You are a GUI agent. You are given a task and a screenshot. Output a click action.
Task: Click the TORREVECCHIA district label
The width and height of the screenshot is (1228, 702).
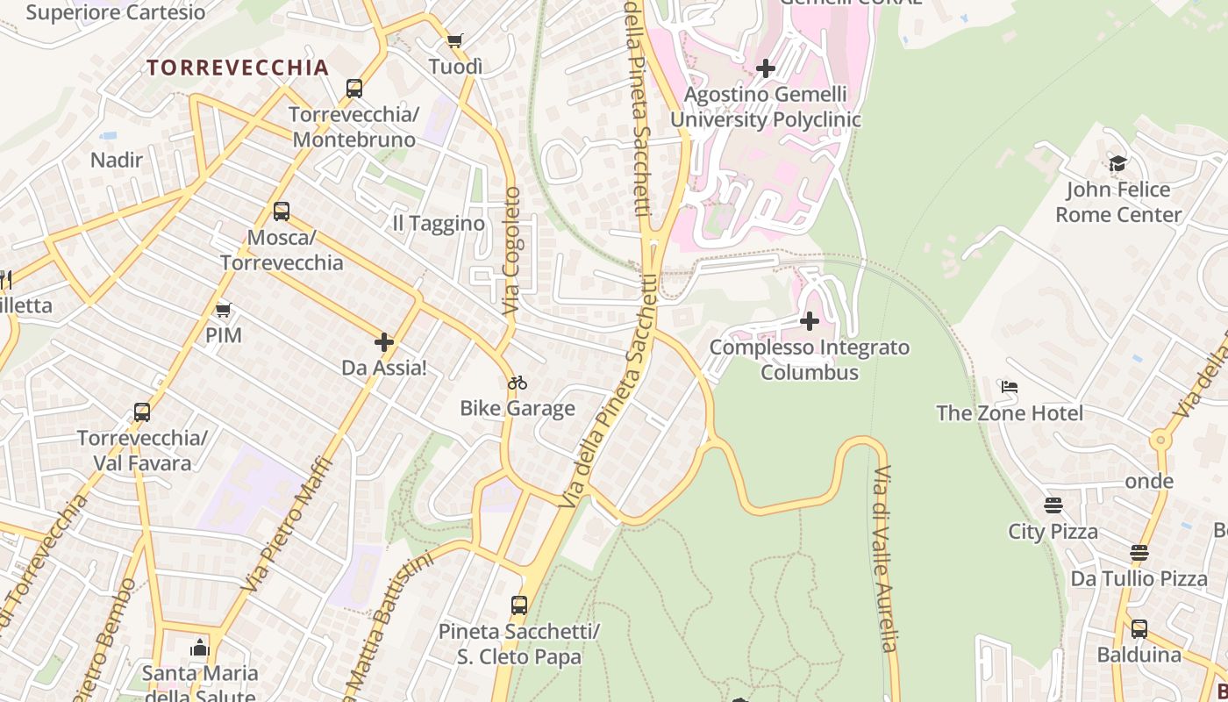pos(238,68)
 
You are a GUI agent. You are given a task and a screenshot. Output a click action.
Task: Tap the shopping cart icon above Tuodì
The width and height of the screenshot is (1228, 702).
pos(454,40)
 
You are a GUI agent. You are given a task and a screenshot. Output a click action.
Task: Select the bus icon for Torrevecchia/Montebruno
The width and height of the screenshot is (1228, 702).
pos(354,88)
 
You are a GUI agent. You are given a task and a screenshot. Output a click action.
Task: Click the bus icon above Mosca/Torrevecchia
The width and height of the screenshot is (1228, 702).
pos(282,211)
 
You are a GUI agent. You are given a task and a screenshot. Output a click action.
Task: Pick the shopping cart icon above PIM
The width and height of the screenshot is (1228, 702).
pos(223,310)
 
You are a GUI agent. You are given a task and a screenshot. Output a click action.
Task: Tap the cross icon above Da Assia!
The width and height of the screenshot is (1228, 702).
pos(384,342)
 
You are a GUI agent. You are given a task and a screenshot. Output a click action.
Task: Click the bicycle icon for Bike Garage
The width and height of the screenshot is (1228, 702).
pos(518,383)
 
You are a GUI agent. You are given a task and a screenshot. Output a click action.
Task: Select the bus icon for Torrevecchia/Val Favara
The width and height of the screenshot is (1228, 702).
pos(142,412)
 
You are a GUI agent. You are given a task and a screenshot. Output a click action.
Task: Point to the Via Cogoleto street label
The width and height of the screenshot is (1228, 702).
pos(511,251)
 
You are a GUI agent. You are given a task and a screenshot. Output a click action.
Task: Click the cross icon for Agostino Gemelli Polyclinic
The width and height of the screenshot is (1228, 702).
pos(766,68)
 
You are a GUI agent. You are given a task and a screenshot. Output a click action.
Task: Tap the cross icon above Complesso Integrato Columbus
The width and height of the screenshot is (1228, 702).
pos(810,321)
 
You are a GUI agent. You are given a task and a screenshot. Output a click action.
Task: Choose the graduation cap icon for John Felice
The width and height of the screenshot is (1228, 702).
pos(1117,163)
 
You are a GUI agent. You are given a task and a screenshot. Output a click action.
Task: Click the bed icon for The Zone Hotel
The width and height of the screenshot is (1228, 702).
pos(1010,387)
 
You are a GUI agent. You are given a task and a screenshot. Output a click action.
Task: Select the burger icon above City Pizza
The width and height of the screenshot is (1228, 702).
pos(1053,505)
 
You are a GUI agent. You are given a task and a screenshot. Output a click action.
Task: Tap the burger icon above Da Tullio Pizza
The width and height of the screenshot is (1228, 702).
pos(1139,553)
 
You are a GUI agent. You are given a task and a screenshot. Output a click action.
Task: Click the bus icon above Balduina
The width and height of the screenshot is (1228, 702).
pos(1139,628)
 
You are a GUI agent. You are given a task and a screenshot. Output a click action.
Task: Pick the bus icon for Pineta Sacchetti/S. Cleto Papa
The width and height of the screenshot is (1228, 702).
pos(519,605)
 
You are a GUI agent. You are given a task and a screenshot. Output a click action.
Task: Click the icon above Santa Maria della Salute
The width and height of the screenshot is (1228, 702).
pos(200,648)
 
